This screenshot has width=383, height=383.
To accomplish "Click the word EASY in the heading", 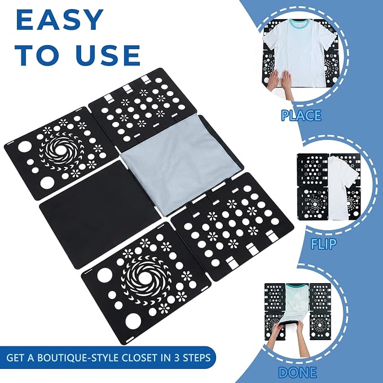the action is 60,20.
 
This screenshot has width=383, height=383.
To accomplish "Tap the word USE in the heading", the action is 108,55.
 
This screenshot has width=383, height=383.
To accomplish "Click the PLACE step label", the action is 301,115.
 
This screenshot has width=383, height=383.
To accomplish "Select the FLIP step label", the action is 324,244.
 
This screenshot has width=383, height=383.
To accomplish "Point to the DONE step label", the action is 297,372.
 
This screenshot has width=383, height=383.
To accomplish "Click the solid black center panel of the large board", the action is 100,214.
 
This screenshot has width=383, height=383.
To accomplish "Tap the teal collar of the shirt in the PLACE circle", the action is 299,23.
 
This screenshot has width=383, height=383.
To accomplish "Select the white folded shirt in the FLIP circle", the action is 341,187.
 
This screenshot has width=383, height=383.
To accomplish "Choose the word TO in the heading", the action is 38,55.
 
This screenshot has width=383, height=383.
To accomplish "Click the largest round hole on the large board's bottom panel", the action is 133,321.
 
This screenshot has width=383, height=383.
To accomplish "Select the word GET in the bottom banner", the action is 15,358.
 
